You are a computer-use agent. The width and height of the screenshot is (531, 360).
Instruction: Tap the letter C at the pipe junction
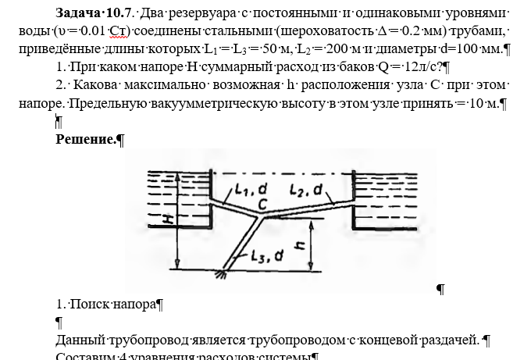tap(264, 204)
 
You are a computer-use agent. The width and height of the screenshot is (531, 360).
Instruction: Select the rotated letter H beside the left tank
tap(169, 220)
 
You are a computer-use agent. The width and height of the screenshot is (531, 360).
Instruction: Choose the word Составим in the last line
tap(83, 356)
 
